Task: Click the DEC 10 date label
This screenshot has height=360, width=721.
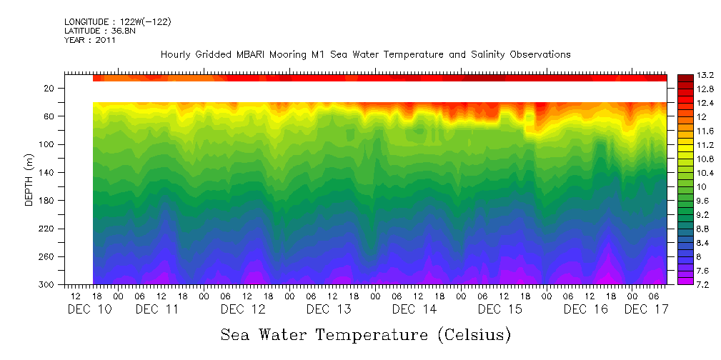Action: pyautogui.click(x=86, y=309)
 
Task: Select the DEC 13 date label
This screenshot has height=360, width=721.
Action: pyautogui.click(x=329, y=309)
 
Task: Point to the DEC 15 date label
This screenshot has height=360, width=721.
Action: pyautogui.click(x=500, y=309)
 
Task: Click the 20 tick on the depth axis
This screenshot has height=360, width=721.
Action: pyautogui.click(x=49, y=88)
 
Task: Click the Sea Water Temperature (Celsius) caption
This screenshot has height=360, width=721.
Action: pyautogui.click(x=365, y=334)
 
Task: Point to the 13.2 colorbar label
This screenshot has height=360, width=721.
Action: pyautogui.click(x=687, y=75)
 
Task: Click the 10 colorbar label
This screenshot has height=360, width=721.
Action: pyautogui.click(x=682, y=186)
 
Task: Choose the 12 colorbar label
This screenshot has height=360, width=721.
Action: pyautogui.click(x=682, y=116)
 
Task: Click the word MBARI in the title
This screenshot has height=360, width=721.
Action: pyautogui.click(x=272, y=54)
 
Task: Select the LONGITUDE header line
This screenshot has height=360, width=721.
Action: pyautogui.click(x=118, y=22)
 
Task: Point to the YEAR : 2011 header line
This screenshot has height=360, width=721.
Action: pyautogui.click(x=90, y=40)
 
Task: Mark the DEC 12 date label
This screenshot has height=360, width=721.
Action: pyautogui.click(x=243, y=309)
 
